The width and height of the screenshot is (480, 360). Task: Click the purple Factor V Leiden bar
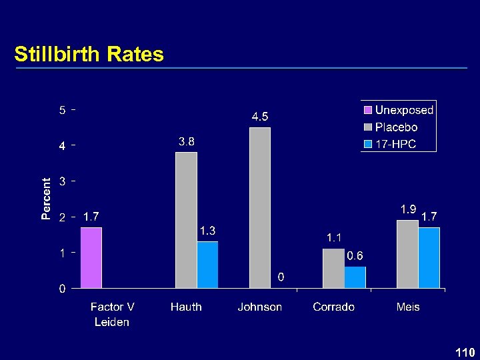tap(91, 258)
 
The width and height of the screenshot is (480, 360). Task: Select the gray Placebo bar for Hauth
tap(186, 220)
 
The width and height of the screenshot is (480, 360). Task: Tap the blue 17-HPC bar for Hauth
tap(208, 265)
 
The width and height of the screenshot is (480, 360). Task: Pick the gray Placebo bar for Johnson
tap(260, 208)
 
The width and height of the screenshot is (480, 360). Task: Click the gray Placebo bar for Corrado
tap(333, 269)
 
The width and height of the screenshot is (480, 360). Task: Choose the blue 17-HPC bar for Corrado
tap(355, 277)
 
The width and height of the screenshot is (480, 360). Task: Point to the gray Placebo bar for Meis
tap(407, 254)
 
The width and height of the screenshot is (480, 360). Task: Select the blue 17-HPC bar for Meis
tap(429, 258)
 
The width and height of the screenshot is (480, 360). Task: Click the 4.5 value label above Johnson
tap(260, 117)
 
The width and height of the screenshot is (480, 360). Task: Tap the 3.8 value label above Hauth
tap(186, 141)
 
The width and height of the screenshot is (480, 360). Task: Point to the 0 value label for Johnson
tap(281, 277)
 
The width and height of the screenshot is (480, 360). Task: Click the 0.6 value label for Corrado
tap(355, 256)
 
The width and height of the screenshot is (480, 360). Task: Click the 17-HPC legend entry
tap(395, 144)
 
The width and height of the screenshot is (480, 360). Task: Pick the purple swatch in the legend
tap(368, 110)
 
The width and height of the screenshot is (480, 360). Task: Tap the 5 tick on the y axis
tap(61, 110)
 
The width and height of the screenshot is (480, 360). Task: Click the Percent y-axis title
tap(46, 199)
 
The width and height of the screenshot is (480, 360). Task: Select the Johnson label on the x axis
tap(260, 307)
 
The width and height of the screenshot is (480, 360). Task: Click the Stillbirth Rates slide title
tap(89, 54)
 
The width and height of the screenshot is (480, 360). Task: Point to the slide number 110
tap(465, 352)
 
